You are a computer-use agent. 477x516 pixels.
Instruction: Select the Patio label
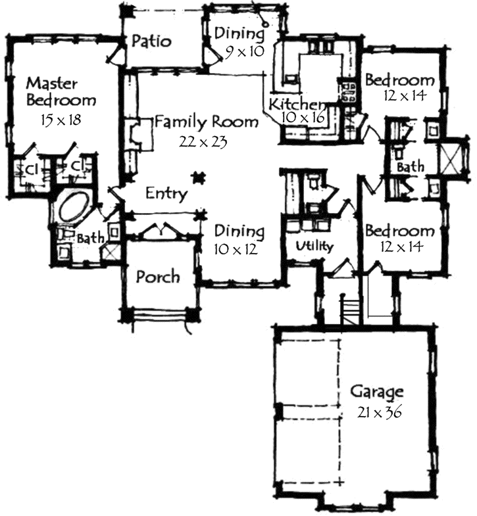[x=151, y=41]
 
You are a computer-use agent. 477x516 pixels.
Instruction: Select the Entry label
[x=166, y=194]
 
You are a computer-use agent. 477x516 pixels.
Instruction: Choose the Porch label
[x=157, y=276]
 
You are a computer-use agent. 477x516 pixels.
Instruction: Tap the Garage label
[x=376, y=392]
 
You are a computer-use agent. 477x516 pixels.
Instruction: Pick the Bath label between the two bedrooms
[x=410, y=168]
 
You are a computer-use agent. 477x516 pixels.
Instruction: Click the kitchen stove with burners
[x=347, y=92]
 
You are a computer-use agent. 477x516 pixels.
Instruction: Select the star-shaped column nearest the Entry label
[x=196, y=177]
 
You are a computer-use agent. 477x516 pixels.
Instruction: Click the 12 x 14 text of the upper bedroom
[x=404, y=95]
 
